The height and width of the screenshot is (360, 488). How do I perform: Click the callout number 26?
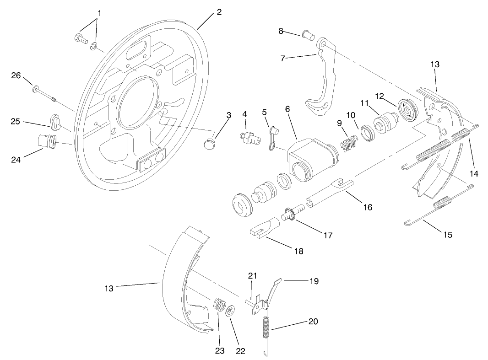(x=16, y=76)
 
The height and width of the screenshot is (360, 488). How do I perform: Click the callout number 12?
(x=379, y=96)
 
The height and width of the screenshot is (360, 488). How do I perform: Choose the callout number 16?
(x=368, y=207)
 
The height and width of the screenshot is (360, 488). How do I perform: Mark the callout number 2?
(x=219, y=12)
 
